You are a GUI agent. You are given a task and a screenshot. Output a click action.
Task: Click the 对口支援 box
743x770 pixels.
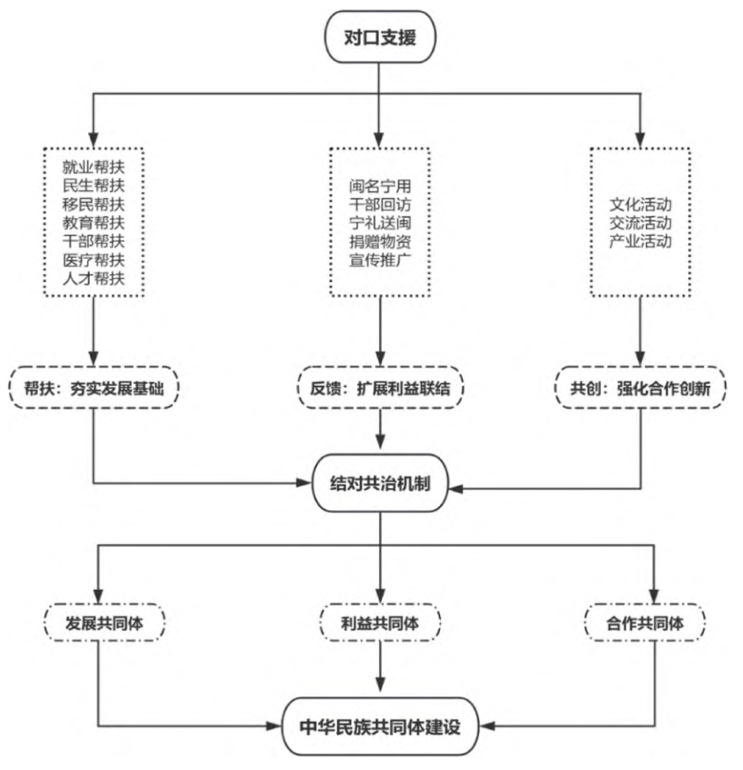click(x=379, y=38)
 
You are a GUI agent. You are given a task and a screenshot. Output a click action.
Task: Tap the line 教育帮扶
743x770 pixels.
click(x=93, y=222)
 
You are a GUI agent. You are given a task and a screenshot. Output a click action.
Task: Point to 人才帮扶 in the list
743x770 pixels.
click(x=93, y=279)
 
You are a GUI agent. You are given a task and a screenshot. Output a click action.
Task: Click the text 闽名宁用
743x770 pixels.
click(x=380, y=184)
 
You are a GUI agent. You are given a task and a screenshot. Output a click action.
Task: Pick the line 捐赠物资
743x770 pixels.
click(x=380, y=241)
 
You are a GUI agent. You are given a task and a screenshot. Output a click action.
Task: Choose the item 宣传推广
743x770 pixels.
click(x=380, y=260)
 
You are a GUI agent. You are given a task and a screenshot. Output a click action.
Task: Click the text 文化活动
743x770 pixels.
click(x=641, y=204)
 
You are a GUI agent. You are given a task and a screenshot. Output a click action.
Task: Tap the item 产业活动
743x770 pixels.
click(x=641, y=241)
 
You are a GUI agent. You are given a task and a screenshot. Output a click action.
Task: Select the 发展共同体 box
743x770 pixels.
click(x=101, y=624)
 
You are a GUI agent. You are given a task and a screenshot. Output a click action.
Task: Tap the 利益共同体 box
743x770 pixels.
click(x=381, y=624)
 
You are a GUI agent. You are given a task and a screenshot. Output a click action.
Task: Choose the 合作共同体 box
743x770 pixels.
click(x=645, y=624)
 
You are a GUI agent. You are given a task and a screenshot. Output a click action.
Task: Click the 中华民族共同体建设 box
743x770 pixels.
click(x=381, y=725)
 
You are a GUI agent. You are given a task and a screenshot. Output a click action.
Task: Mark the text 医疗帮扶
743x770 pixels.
click(x=93, y=260)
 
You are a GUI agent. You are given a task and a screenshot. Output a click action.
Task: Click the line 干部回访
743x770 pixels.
click(x=380, y=203)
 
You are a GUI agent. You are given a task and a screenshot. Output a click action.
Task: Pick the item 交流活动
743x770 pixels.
click(x=641, y=223)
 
